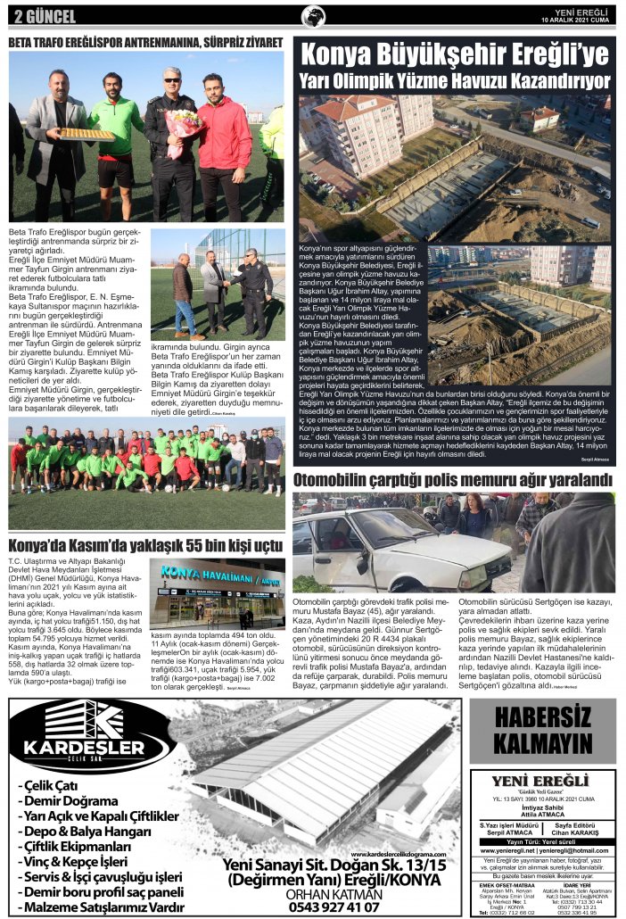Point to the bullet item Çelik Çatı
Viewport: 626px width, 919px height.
pos(54,785)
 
